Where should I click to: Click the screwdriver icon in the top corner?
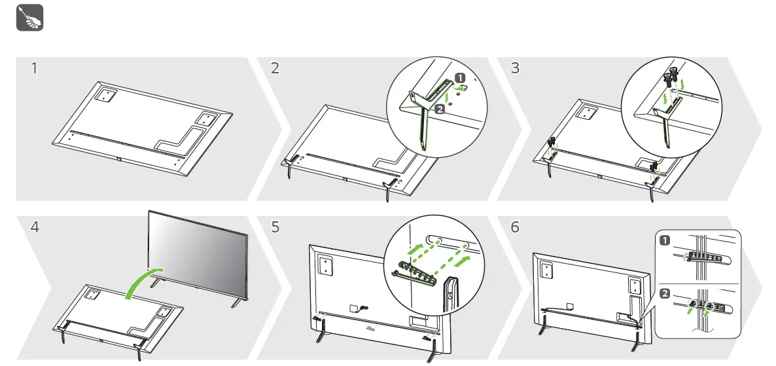pyautogui.click(x=29, y=18)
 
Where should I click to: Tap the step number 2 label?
pyautogui.click(x=275, y=67)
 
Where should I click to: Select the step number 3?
pyautogui.click(x=515, y=67)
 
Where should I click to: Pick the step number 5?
pyautogui.click(x=275, y=228)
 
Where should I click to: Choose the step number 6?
pyautogui.click(x=515, y=228)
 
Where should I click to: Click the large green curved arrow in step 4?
pyautogui.click(x=141, y=282)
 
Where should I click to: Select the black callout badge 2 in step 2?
pyautogui.click(x=439, y=108)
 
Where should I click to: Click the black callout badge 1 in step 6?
pyautogui.click(x=665, y=240)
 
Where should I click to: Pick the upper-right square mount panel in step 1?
pyautogui.click(x=207, y=120)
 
